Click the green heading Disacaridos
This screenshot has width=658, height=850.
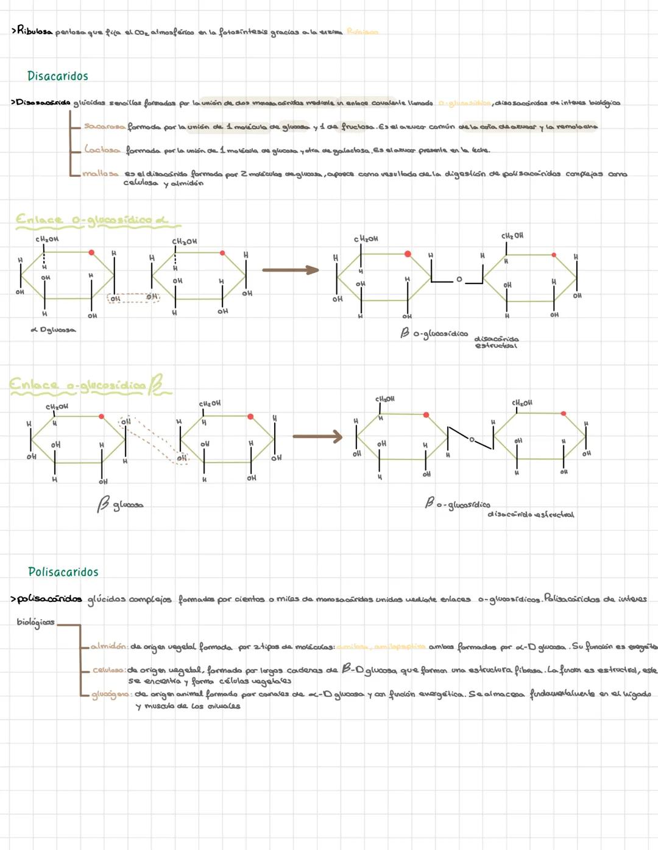click(57, 76)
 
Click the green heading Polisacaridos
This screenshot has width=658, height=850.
click(63, 572)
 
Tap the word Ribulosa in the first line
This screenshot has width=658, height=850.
click(35, 30)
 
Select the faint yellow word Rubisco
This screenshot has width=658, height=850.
click(362, 32)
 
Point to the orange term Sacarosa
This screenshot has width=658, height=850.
click(104, 127)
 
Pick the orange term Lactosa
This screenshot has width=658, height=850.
click(102, 150)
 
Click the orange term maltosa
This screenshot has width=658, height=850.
click(101, 174)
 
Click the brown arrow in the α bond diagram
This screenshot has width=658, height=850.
click(291, 270)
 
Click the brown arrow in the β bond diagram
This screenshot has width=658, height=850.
click(317, 436)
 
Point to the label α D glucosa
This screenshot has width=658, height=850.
click(53, 330)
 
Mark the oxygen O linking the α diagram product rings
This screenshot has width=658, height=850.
click(459, 280)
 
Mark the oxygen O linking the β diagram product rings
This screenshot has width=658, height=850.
click(471, 439)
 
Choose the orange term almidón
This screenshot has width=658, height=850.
click(109, 646)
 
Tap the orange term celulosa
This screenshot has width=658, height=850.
click(109, 670)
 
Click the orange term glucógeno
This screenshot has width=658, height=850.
click(111, 695)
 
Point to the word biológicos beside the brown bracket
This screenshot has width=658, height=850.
click(35, 623)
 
